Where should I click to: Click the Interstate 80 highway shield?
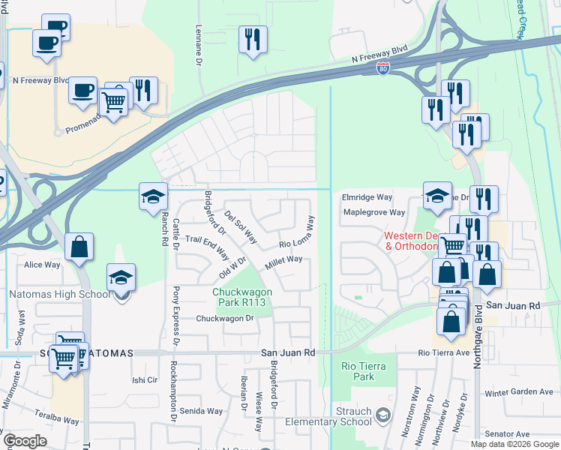pos(382,68)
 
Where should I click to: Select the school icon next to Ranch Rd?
pos(153,196)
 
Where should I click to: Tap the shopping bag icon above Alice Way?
pos(79,247)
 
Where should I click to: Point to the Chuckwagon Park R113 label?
pos(240,297)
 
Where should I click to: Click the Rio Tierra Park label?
pos(358,371)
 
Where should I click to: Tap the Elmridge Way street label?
pos(367,197)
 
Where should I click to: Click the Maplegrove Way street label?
pos(373,212)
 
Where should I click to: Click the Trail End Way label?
pos(206,246)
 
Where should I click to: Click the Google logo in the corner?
pos(25,441)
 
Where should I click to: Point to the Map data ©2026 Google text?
pos(514,444)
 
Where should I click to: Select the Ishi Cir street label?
pos(145,380)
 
